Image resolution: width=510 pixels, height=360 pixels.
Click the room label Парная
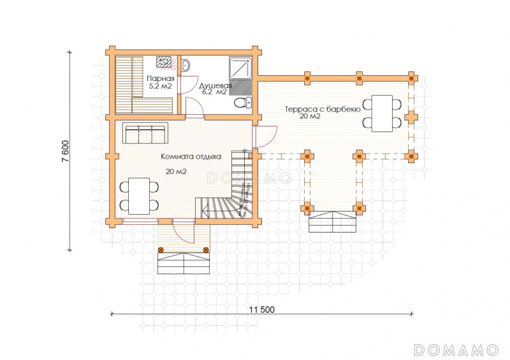161,78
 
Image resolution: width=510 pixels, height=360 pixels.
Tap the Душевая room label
215,85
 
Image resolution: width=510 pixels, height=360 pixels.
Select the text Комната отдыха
191,156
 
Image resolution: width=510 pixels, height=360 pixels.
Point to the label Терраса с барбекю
323,109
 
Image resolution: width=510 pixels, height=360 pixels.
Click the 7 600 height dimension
65,151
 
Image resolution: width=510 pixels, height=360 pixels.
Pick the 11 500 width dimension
262,310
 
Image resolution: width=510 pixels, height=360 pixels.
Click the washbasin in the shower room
186,66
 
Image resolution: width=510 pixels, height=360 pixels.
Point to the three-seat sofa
145,133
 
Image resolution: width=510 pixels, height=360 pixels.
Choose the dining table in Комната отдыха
139,196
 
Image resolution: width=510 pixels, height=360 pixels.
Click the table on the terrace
382,113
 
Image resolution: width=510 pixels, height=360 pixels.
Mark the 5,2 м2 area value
160,86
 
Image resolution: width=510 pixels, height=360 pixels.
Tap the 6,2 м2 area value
214,92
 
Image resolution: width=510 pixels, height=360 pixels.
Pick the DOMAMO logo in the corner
456,350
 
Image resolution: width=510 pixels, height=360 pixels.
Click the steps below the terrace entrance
332,222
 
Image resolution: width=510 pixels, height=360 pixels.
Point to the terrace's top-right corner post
411,78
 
